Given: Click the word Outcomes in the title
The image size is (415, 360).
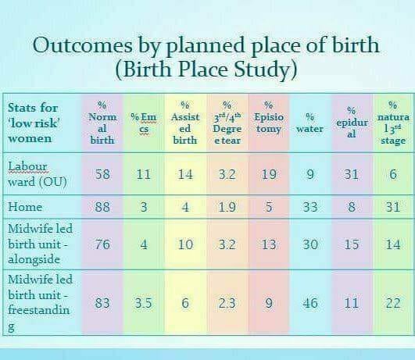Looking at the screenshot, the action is [x=82, y=45].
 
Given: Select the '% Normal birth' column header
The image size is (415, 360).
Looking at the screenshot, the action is [x=102, y=123].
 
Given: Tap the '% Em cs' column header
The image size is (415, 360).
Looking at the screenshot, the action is [x=144, y=123].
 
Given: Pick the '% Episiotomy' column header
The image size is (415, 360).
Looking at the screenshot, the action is [x=269, y=117].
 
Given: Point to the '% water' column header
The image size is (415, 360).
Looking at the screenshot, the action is [x=309, y=123].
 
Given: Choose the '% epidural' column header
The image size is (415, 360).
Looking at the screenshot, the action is [x=352, y=123].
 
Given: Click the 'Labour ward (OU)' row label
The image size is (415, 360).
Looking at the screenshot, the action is [x=37, y=174].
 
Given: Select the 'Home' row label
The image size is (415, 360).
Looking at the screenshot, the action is [x=25, y=206].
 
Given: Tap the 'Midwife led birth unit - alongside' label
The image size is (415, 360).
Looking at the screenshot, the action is [x=40, y=244].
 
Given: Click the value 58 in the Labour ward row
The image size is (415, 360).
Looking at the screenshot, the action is [x=102, y=174].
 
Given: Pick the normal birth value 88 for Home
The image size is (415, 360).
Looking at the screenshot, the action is [x=102, y=207].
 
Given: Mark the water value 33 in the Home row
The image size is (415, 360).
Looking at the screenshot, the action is [x=310, y=207].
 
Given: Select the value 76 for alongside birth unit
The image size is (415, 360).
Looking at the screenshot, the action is [x=102, y=244].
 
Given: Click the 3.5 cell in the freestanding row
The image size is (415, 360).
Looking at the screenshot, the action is [x=144, y=303].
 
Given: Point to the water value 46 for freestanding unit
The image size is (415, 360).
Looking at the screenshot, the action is [x=310, y=303].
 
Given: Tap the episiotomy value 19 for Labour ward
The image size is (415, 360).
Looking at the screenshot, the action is [x=269, y=174].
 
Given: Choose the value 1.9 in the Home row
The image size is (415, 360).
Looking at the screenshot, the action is [x=227, y=207].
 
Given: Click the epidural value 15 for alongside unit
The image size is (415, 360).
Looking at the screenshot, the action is [x=352, y=244].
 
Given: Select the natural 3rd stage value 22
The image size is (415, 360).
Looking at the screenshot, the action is [x=393, y=303].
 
